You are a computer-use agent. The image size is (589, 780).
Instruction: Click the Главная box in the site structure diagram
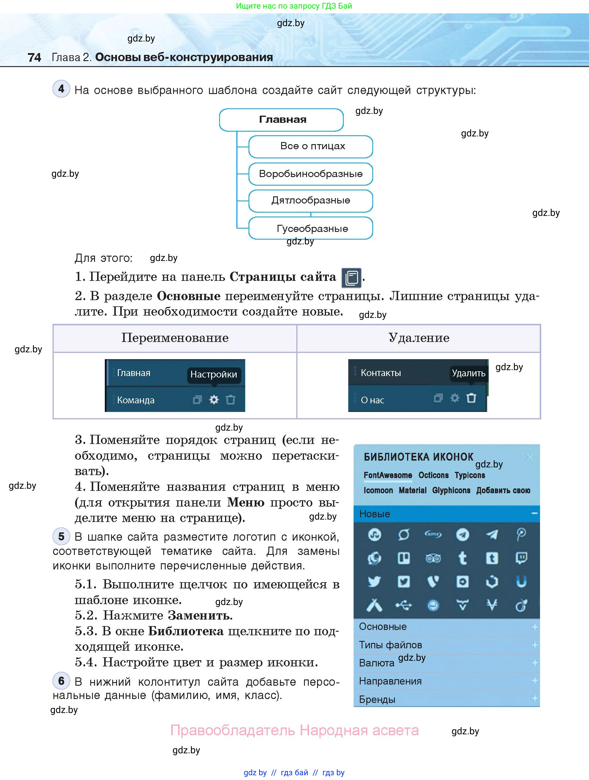click(281, 120)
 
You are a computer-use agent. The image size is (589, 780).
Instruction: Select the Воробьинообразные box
click(311, 174)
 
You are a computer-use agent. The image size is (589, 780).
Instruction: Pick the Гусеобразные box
click(311, 228)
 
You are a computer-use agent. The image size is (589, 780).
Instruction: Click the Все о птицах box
click(311, 146)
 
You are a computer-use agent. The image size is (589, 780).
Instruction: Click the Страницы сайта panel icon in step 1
click(351, 278)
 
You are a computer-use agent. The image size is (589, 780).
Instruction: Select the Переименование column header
click(175, 338)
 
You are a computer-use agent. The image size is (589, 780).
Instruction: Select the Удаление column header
click(419, 338)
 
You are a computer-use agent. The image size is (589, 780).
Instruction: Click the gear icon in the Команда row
click(214, 399)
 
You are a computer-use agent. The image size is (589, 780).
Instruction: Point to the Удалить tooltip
click(468, 373)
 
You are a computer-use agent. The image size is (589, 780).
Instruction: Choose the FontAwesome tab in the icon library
click(387, 475)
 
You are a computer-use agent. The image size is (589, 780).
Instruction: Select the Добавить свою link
click(503, 491)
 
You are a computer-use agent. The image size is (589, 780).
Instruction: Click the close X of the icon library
click(529, 458)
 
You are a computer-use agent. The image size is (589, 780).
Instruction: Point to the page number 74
click(34, 58)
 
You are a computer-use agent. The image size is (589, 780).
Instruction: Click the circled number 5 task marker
click(61, 536)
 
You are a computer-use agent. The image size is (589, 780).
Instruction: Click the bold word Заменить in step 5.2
click(200, 615)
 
